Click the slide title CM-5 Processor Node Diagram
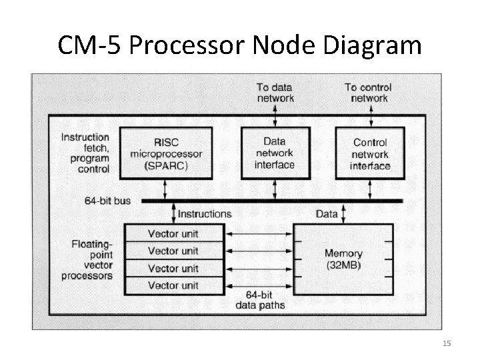240,45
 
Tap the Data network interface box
274,154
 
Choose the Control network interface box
371,154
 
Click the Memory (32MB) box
343,259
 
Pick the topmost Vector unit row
173,234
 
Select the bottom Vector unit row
173,285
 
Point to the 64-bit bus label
108,200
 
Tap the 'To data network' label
275,93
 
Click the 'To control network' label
369,93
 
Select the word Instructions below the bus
205,214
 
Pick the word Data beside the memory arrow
327,214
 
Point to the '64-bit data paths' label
261,300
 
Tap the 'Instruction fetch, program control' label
85,153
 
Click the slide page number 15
447,343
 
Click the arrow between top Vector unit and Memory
259,234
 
